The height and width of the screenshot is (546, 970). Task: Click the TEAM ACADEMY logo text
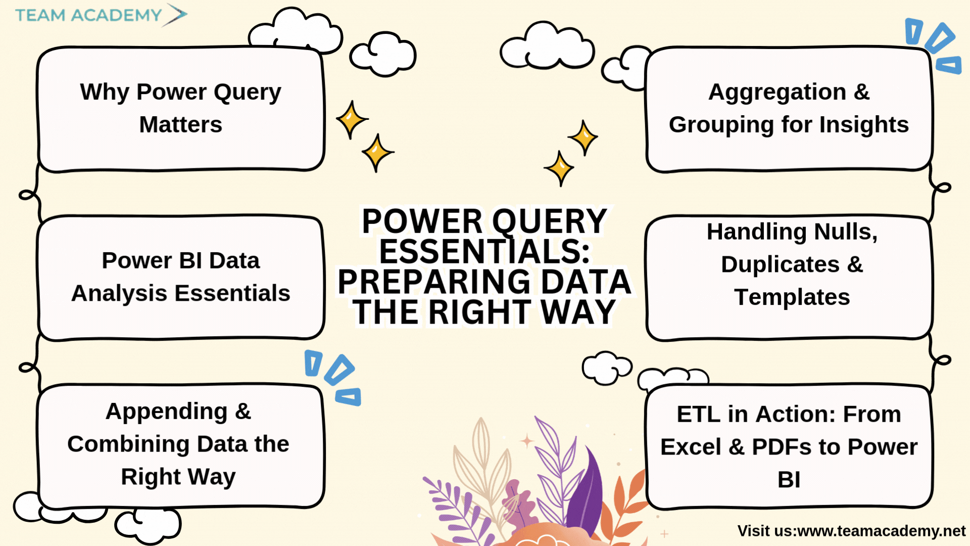[x=88, y=15]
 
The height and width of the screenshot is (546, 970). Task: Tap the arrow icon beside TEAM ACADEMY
[x=175, y=15]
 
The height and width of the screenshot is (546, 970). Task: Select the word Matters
[x=180, y=124]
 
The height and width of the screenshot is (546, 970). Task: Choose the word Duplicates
[x=780, y=264]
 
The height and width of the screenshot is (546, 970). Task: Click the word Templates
[x=792, y=298]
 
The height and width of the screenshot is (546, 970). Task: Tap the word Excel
[x=691, y=447]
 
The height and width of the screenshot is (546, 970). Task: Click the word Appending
[x=166, y=412]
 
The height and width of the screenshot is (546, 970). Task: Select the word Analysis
[x=119, y=294]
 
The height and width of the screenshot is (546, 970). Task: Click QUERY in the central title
[x=550, y=221]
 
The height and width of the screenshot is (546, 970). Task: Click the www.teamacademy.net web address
[x=881, y=531]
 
